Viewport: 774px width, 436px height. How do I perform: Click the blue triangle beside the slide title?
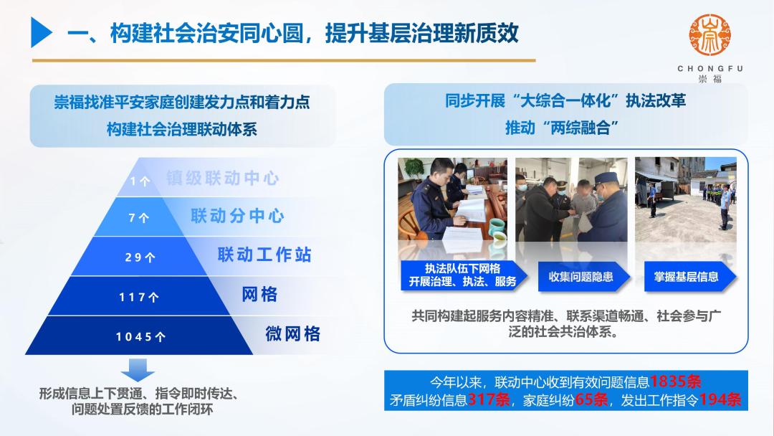(x=41, y=33)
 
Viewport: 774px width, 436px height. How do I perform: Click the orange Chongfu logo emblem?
(x=709, y=37)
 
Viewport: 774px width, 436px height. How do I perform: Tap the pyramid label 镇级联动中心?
(x=222, y=179)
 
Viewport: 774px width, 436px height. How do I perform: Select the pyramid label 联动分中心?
(x=237, y=217)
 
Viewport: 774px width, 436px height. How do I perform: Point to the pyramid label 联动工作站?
(x=264, y=255)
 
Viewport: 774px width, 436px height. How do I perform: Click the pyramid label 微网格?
(x=292, y=333)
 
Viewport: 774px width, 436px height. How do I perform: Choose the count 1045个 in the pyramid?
(x=140, y=336)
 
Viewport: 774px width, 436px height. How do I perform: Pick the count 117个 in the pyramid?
(x=139, y=296)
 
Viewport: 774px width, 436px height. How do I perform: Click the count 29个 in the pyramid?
(x=140, y=257)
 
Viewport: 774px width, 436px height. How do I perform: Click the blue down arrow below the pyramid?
(x=138, y=370)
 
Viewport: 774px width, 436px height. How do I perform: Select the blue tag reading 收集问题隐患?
(x=581, y=277)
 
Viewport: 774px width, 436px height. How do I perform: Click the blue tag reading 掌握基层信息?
(x=686, y=277)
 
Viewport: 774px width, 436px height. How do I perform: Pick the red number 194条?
(x=720, y=400)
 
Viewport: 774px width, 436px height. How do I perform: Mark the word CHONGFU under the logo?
(x=709, y=69)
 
